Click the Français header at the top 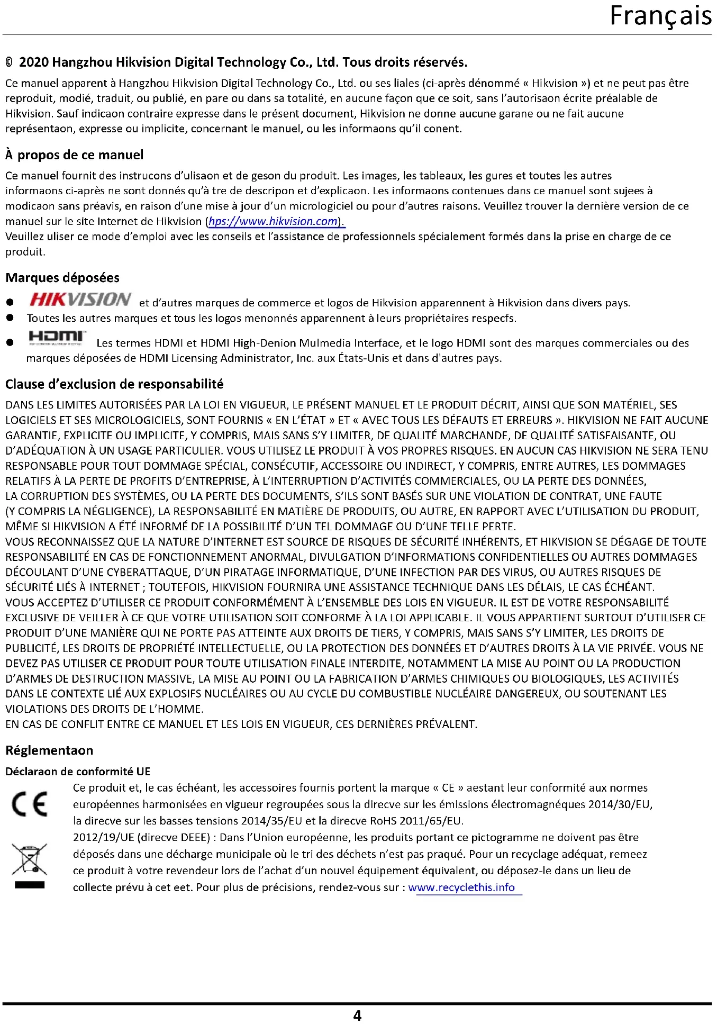[x=660, y=16]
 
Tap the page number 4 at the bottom [x=357, y=1015]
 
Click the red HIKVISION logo [x=80, y=299]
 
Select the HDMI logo [x=57, y=337]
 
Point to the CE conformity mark [x=30, y=804]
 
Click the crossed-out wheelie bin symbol [x=30, y=859]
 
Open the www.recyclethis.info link [x=461, y=887]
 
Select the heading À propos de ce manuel [x=75, y=155]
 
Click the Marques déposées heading [x=62, y=278]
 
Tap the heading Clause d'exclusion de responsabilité [x=114, y=384]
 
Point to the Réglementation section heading [x=49, y=750]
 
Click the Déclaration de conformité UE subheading [x=78, y=772]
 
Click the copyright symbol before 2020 [x=9, y=63]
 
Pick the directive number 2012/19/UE [x=104, y=838]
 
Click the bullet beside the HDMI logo [x=10, y=343]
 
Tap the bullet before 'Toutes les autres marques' [x=10, y=318]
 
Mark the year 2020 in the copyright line [x=34, y=62]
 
